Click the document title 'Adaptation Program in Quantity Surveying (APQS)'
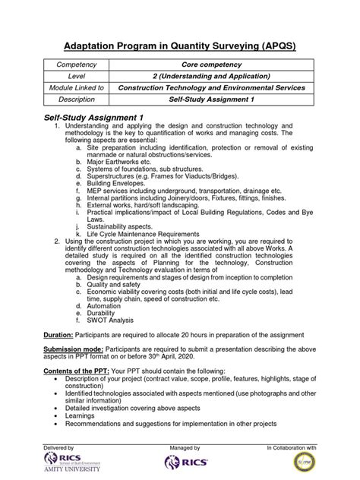[x=179, y=46]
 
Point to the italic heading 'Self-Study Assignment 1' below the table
[x=96, y=117]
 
